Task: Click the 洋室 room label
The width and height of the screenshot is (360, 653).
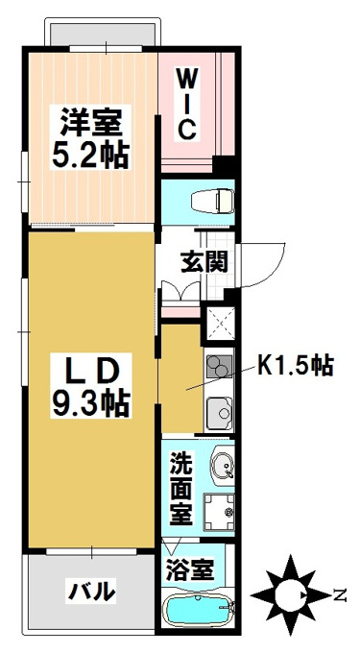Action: click(91, 122)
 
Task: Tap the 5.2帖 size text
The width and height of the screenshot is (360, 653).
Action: click(89, 154)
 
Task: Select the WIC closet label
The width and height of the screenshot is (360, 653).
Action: click(185, 105)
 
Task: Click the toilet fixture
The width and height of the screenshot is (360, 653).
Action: click(211, 201)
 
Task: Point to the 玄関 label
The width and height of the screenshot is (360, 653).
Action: click(204, 263)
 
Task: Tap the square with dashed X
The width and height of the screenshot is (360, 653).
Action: click(219, 323)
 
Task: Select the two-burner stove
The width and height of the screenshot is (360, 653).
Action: click(219, 367)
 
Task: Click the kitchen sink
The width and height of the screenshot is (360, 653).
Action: click(219, 412)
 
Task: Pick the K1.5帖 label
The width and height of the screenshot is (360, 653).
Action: click(295, 366)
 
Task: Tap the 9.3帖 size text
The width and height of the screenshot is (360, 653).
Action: click(90, 403)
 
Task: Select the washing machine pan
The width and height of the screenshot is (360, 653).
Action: click(219, 512)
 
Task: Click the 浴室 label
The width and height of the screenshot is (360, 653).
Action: click(190, 569)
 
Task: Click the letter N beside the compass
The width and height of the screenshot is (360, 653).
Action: click(341, 596)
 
